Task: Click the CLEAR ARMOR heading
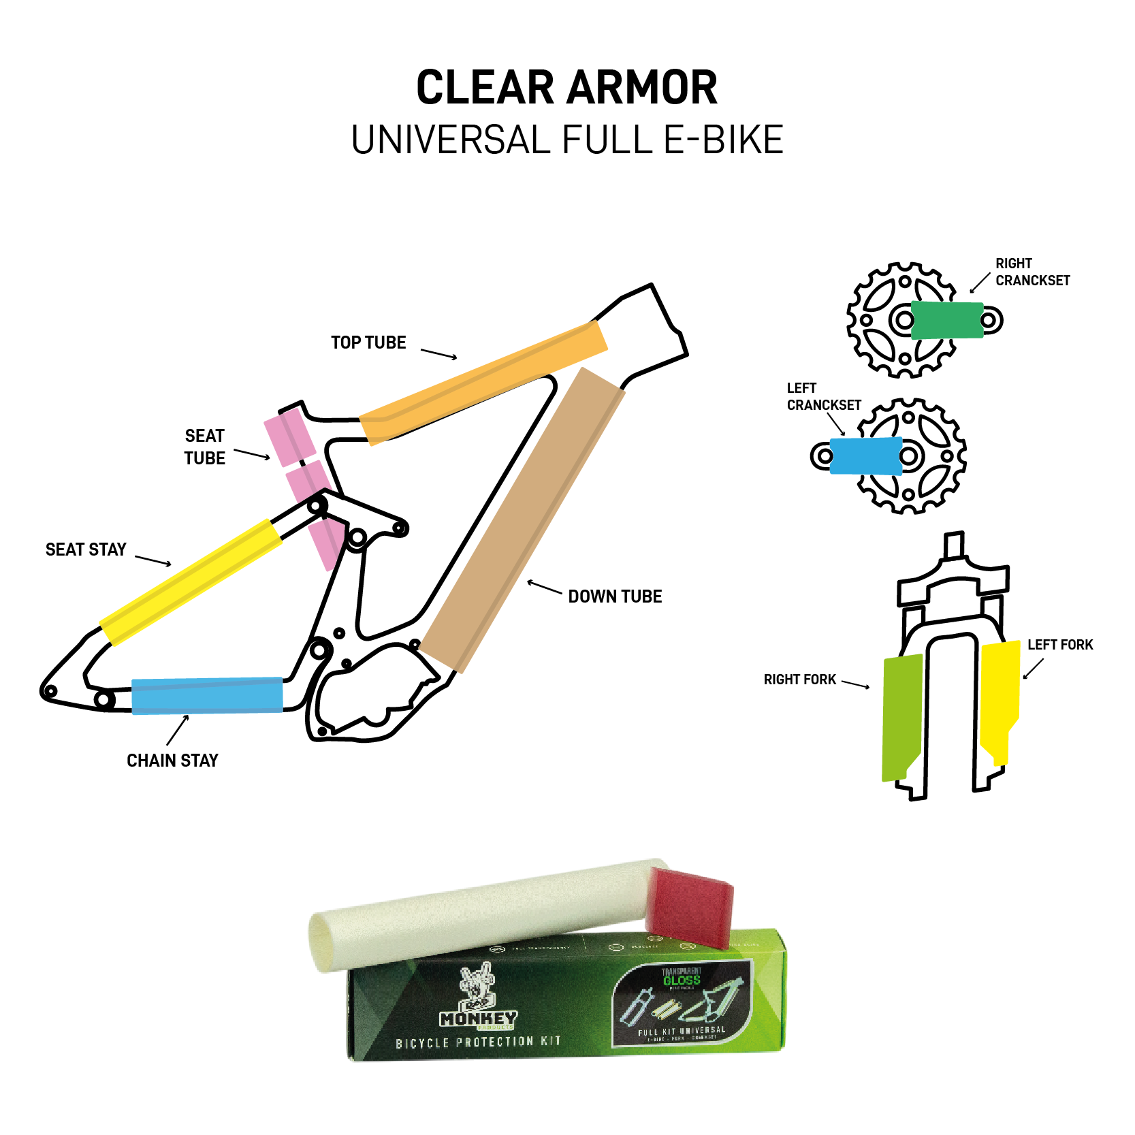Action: pos(566,88)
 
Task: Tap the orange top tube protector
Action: pos(483,383)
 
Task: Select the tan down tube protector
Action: pos(522,521)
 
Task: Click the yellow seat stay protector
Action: pos(191,582)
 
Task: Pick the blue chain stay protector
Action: pos(207,695)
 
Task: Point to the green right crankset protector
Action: pos(946,320)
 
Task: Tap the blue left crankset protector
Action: pos(866,455)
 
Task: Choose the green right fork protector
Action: pos(901,715)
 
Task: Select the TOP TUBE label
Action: pos(368,342)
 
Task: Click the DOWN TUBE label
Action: pos(615,596)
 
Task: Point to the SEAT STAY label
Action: pos(86,549)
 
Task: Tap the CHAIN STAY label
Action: pos(172,761)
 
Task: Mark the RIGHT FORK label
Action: pos(799,680)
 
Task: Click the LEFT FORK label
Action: pos(1059,645)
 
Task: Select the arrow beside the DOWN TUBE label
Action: pos(544,588)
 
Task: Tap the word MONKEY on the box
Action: pos(478,1019)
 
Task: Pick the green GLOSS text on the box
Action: pos(682,980)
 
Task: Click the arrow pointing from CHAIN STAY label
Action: pos(177,731)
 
